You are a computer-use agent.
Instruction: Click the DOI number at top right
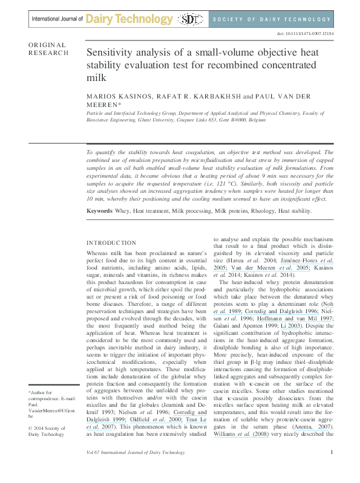[x=314, y=34]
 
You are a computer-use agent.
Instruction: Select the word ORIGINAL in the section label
[x=47, y=45]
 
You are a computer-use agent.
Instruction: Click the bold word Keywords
[x=99, y=211]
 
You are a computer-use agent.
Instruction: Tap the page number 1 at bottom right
[x=332, y=469]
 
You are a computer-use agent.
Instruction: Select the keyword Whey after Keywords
[x=123, y=211]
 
